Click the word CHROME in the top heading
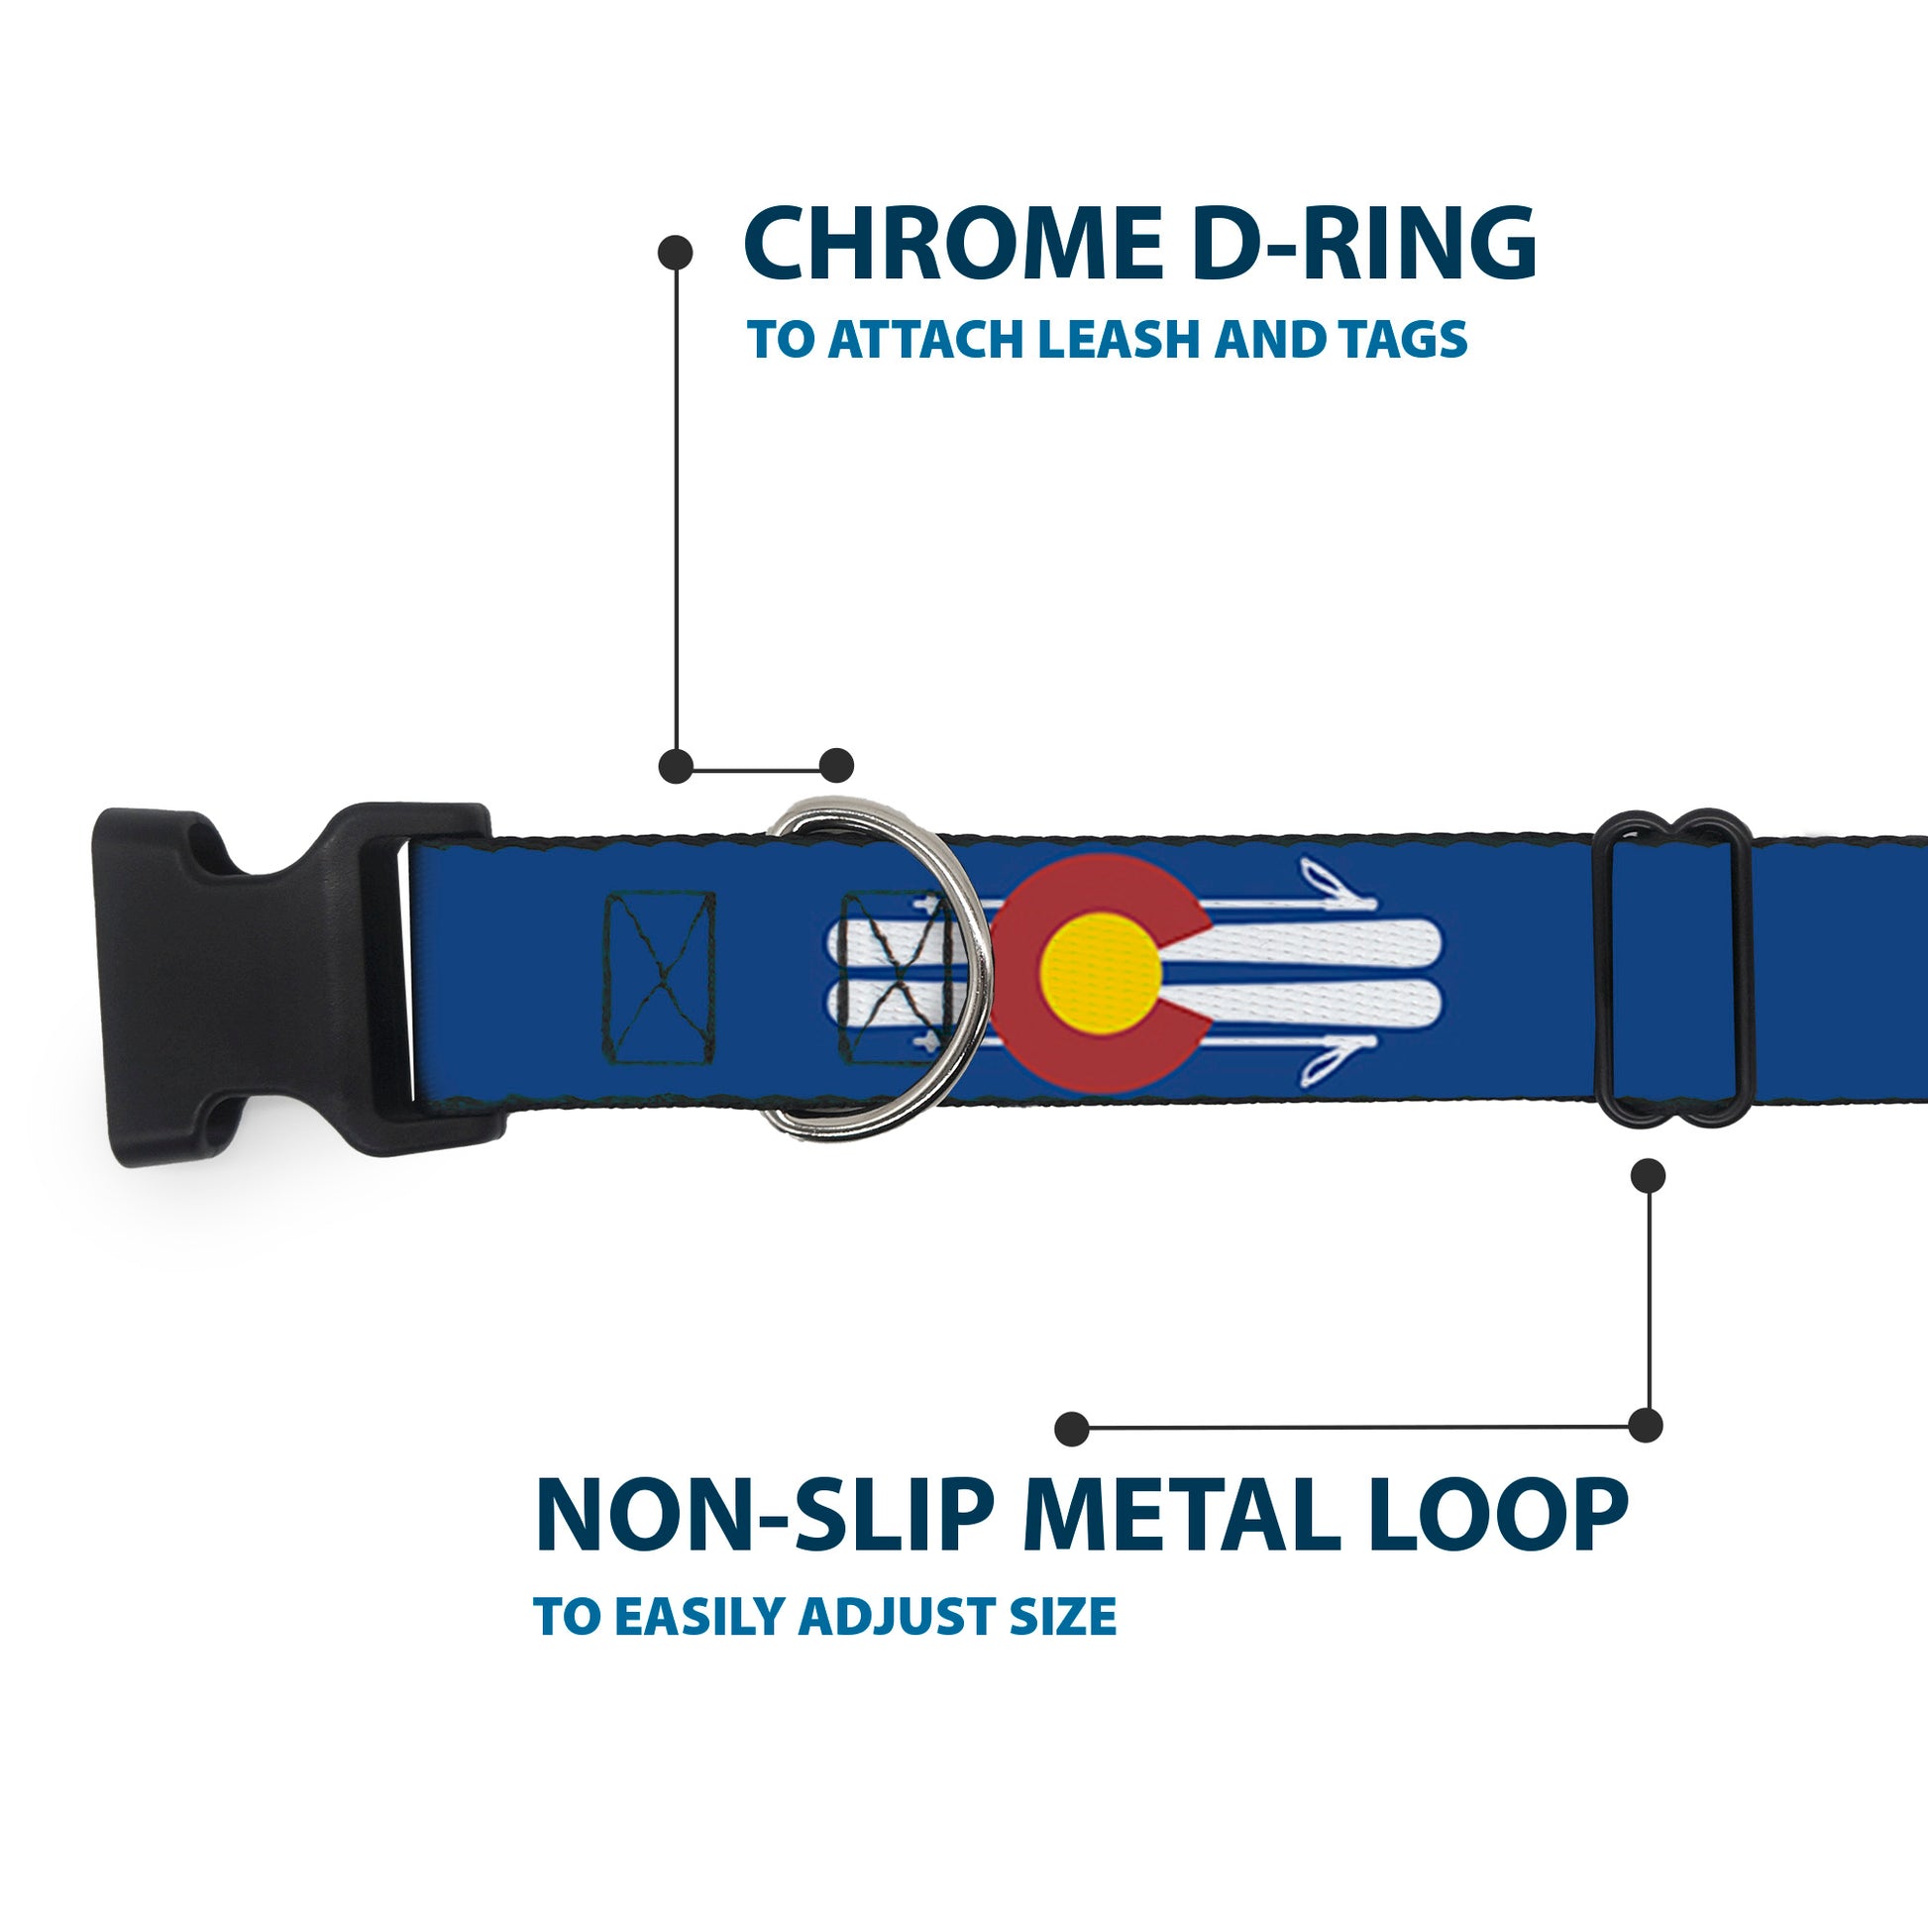coord(951,246)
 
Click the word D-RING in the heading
coord(1363,246)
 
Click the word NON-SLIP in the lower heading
coord(764,1517)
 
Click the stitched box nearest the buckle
coord(660,977)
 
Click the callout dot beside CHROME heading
coord(676,253)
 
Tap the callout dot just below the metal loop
coord(1648,1176)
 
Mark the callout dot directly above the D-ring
coord(836,766)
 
